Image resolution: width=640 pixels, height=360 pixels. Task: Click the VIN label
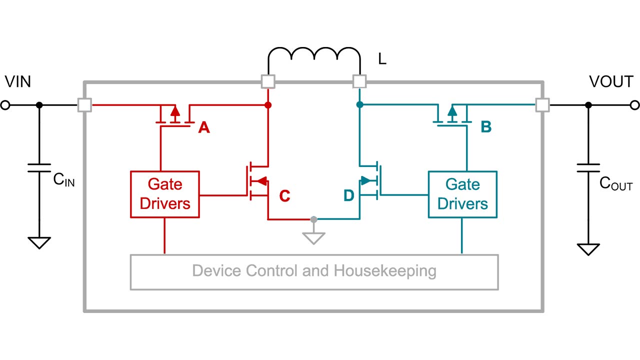point(17,81)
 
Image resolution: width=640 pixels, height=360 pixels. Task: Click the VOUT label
point(611,81)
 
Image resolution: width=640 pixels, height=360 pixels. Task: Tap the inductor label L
point(382,60)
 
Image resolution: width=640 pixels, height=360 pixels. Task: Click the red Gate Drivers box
point(165,194)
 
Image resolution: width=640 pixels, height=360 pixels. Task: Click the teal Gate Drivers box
point(462,194)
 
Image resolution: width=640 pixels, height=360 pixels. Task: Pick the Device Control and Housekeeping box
point(314,272)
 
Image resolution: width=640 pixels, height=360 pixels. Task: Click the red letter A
point(203,128)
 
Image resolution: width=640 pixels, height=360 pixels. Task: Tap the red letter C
point(284,196)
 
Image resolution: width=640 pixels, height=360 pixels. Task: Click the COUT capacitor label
point(615,184)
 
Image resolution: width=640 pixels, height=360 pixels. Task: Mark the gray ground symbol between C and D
point(313,236)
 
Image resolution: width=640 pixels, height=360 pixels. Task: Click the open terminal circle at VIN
point(5,105)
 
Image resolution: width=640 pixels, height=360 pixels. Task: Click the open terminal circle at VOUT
point(634,105)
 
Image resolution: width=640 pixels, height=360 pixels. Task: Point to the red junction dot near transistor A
point(268,105)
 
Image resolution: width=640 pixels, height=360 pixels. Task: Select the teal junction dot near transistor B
point(359,105)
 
